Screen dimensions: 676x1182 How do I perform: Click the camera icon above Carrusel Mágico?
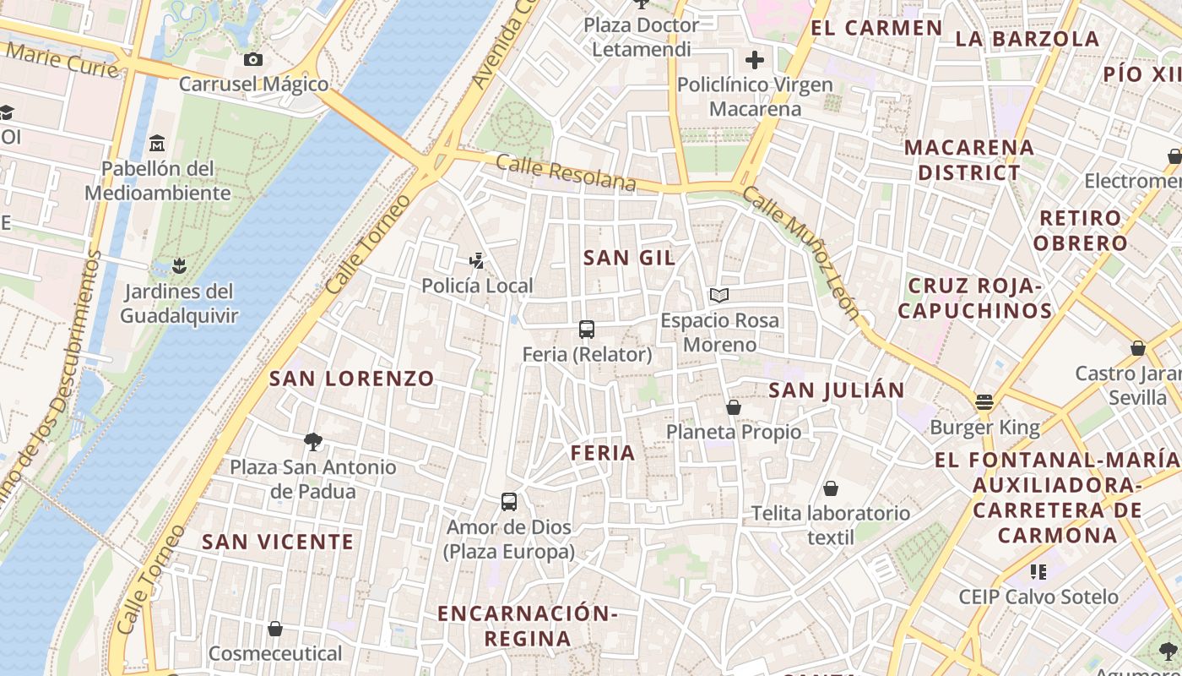point(252,59)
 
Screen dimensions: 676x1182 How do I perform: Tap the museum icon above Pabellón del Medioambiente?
point(156,144)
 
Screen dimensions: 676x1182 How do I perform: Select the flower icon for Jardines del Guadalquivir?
point(178,267)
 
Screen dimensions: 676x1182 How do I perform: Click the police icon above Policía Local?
point(477,261)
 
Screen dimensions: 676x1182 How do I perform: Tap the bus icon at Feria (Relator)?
point(587,330)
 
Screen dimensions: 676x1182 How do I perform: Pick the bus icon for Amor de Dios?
point(509,502)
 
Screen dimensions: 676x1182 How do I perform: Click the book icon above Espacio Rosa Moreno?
point(719,295)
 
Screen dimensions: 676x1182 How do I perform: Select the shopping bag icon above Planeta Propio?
point(734,407)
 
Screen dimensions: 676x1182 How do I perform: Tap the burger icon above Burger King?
point(984,402)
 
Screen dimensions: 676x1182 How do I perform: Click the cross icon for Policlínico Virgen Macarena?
point(755,60)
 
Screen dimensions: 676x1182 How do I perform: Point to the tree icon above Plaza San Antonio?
point(313,441)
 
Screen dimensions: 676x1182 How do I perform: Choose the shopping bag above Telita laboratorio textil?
point(831,488)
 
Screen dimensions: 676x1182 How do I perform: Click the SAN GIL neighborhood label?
point(630,259)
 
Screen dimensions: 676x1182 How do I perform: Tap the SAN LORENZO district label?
point(351,379)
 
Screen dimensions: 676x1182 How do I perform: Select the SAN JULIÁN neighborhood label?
point(837,390)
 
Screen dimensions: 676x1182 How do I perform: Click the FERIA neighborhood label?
point(603,453)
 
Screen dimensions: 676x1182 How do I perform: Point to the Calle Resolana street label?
point(566,172)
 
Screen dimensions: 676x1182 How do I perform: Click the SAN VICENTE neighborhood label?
point(278,542)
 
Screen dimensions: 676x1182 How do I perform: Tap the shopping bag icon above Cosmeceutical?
point(275,629)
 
